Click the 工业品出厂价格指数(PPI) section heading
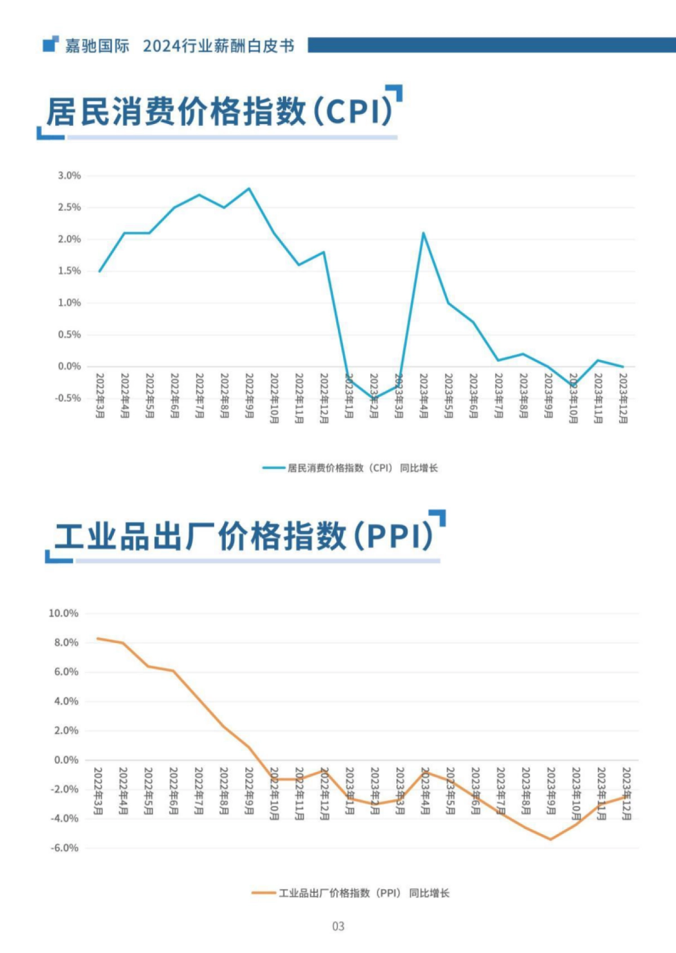[243, 536]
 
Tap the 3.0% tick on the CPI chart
[69, 176]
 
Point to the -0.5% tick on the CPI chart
[68, 398]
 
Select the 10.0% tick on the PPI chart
[64, 613]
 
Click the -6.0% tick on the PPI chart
[65, 848]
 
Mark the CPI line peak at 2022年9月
[249, 188]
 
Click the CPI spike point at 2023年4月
[423, 233]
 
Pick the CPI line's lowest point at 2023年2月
[373, 398]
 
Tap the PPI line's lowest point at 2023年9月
[550, 839]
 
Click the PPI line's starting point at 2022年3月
[98, 639]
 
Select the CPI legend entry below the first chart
[350, 468]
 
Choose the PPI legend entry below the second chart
[350, 893]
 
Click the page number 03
[338, 926]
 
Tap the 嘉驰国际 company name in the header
[97, 46]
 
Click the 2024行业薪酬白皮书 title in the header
[219, 46]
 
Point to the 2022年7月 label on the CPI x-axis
[199, 396]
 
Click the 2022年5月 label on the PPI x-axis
[148, 791]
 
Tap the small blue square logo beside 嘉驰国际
[51, 44]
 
